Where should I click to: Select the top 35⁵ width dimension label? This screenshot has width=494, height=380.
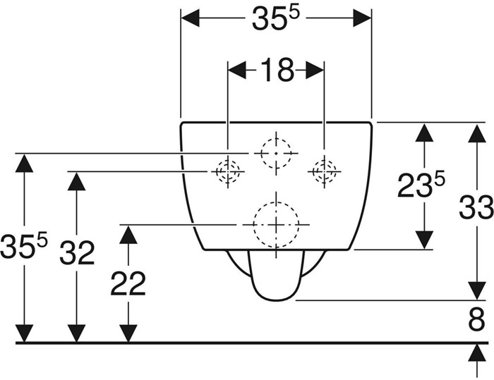tap(275, 19)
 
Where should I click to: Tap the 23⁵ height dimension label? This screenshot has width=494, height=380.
tap(421, 185)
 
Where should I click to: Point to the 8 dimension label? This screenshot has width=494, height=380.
tap(476, 319)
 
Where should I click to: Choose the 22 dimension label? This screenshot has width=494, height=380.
tap(128, 283)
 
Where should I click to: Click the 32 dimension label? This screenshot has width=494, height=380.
tap(77, 252)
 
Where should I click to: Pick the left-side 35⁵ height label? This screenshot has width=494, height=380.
tap(24, 245)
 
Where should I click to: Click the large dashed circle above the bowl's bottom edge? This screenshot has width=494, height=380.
tap(276, 202)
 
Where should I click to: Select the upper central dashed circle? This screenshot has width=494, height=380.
tap(277, 138)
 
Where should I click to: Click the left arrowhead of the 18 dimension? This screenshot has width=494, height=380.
tap(237, 70)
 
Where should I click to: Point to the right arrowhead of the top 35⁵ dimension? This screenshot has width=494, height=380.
tap(362, 18)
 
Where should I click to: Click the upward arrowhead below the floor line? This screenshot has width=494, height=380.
tap(476, 353)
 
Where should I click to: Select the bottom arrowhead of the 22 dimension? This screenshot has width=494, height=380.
tap(128, 333)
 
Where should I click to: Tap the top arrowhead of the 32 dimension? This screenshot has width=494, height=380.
tap(76, 181)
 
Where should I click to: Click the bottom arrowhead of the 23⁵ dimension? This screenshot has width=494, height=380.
tap(424, 240)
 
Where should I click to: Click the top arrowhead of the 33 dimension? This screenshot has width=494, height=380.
tap(476, 133)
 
